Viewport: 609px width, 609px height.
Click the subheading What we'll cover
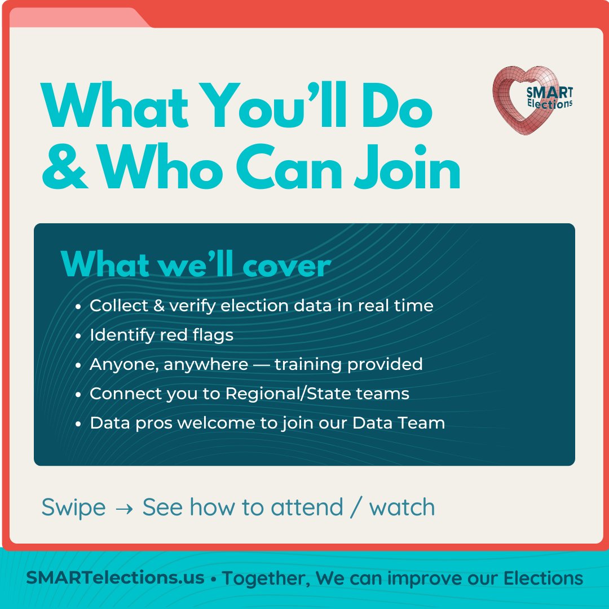click(x=195, y=263)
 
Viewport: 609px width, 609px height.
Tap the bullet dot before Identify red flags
click(x=78, y=336)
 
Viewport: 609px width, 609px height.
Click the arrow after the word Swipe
click(x=123, y=508)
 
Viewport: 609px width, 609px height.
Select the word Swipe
click(x=73, y=508)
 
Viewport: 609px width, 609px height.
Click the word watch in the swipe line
click(x=402, y=507)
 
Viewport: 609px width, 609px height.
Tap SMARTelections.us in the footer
click(x=115, y=578)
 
